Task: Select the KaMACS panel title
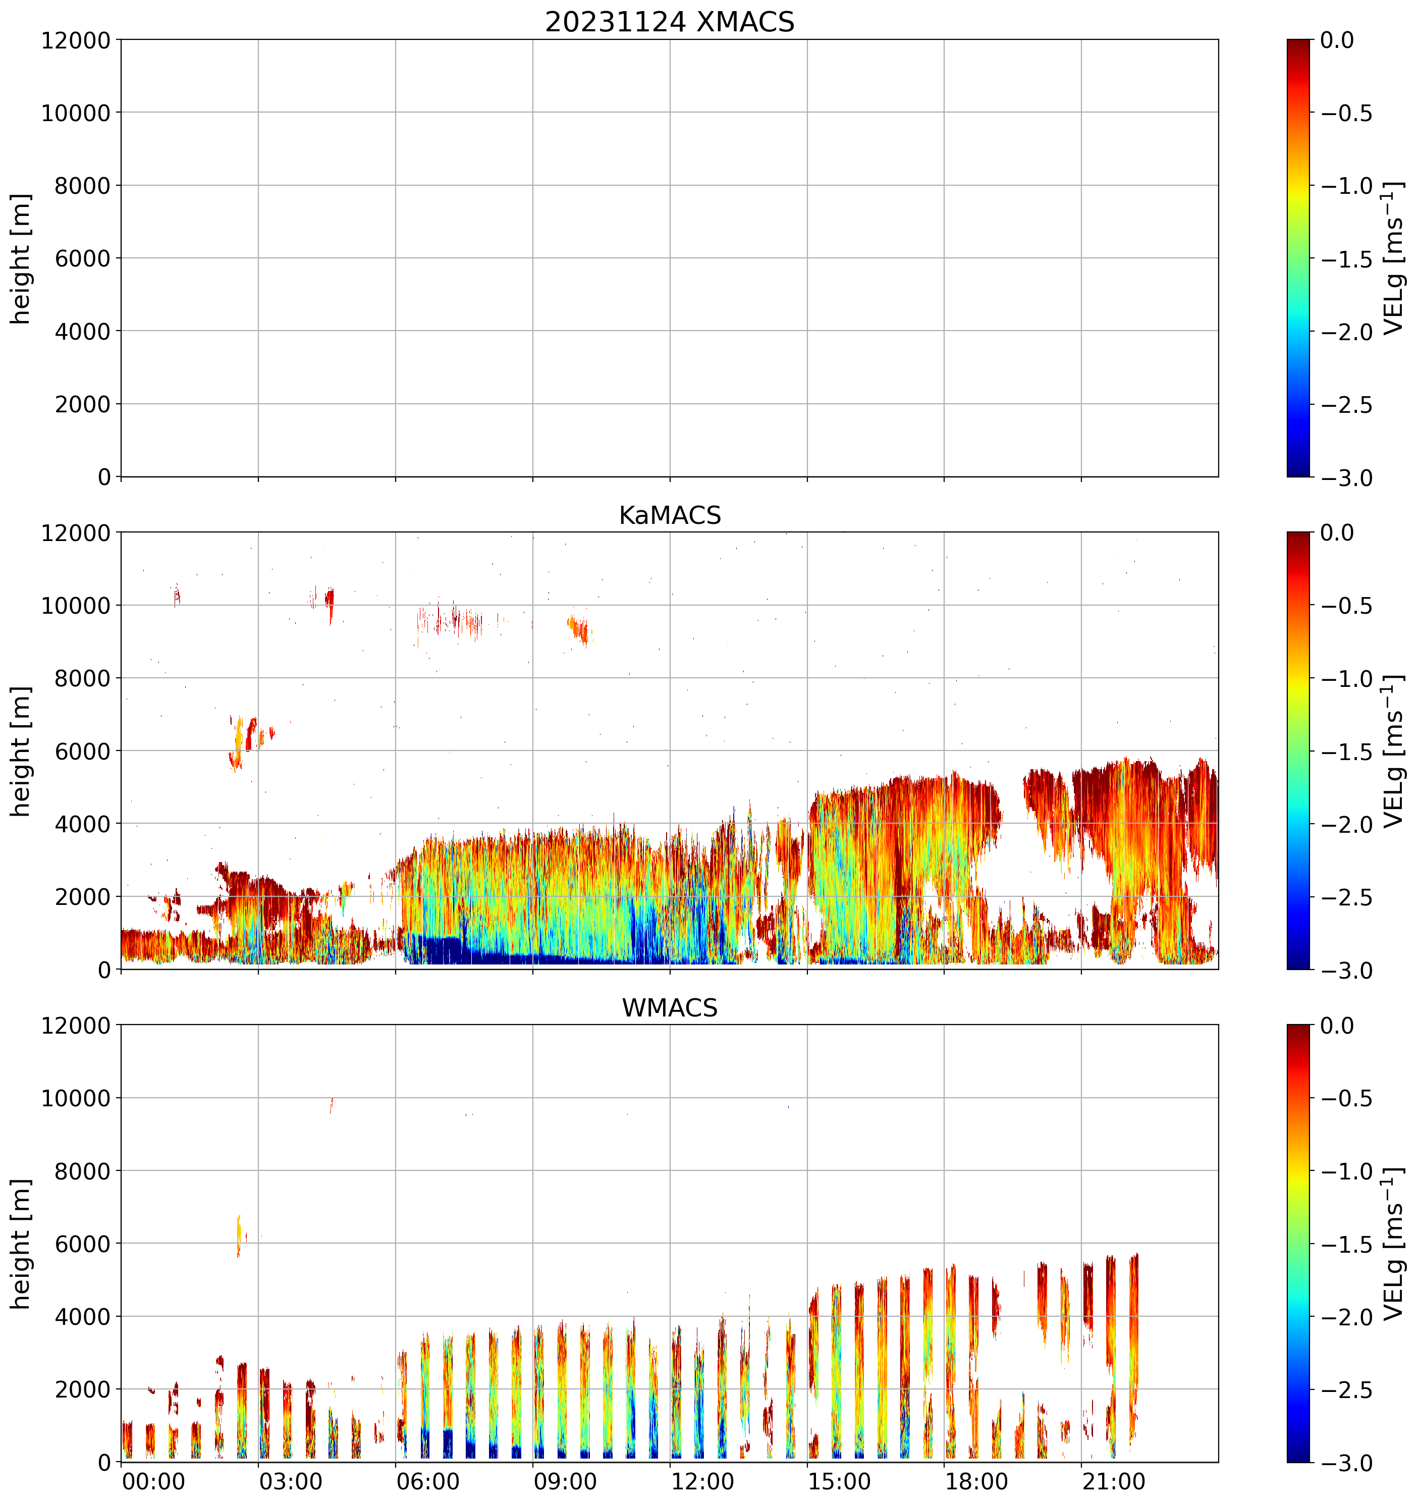coord(670,515)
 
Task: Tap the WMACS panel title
coord(670,1008)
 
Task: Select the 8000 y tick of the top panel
coord(82,185)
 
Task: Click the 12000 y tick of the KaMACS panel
coord(76,532)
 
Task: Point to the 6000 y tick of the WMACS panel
coord(82,1244)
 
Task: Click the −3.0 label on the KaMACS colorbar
coord(1346,970)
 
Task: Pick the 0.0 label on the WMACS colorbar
coord(1337,1026)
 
